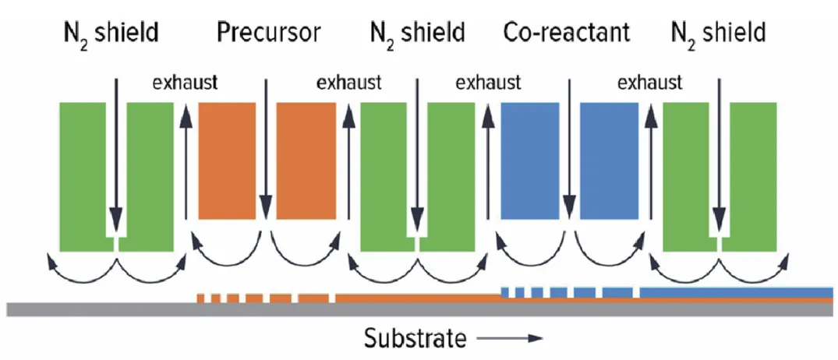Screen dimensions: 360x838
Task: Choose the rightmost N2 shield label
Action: click(x=718, y=33)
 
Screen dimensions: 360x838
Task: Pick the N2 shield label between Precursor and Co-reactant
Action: click(x=418, y=33)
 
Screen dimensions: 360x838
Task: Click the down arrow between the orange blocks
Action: click(x=267, y=148)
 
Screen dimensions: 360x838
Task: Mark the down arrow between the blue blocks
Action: click(x=570, y=148)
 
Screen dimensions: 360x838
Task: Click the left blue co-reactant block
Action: click(x=529, y=161)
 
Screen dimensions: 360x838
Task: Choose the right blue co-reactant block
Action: click(x=610, y=161)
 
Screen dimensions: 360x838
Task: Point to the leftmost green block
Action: click(x=82, y=176)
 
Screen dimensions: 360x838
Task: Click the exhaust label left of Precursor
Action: click(x=184, y=82)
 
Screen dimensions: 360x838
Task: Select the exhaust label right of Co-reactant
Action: click(x=649, y=82)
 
